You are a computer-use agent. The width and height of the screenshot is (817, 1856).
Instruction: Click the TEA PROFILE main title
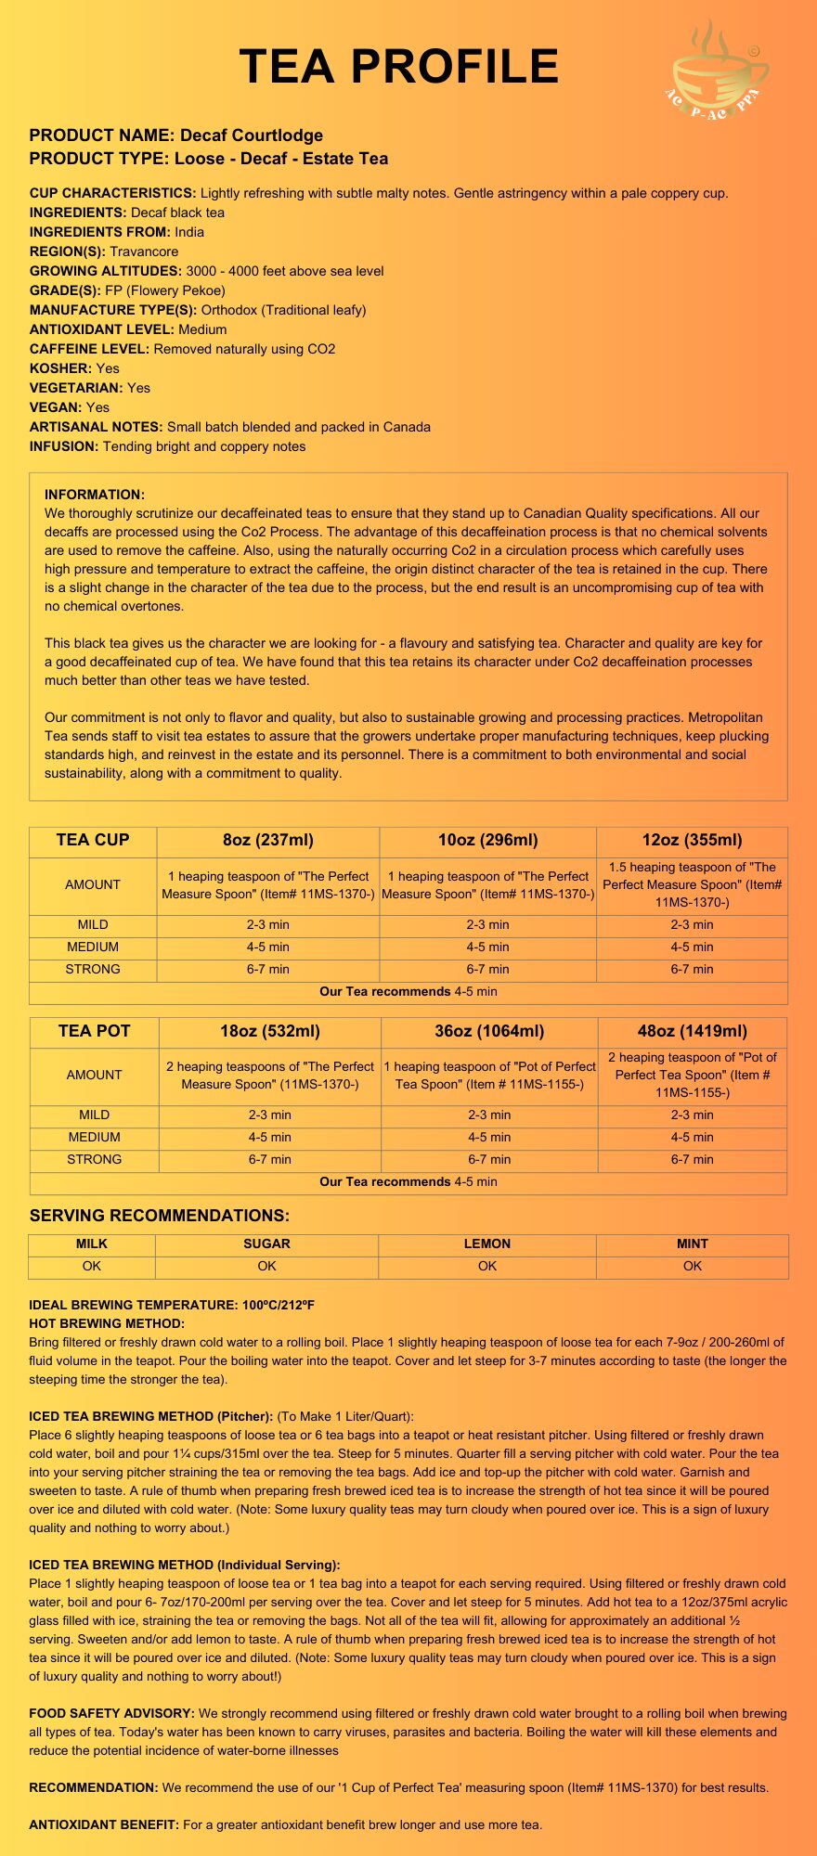[399, 67]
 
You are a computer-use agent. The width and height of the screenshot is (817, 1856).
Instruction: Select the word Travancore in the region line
[144, 251]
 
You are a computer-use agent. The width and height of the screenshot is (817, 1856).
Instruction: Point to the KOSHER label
[60, 368]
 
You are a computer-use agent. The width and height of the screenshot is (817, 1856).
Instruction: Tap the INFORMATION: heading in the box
[95, 495]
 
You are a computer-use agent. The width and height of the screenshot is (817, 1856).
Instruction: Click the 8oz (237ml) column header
[268, 841]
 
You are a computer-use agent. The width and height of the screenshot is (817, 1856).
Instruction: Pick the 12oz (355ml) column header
[692, 841]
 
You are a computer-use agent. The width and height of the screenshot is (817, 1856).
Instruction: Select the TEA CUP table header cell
[93, 841]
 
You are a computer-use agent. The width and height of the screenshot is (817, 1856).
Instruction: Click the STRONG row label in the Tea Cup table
[93, 969]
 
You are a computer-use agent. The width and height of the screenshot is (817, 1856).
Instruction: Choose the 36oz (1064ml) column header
[489, 1031]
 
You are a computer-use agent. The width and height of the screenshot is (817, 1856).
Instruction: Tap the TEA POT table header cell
[94, 1031]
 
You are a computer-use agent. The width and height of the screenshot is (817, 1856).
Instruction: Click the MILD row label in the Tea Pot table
[94, 1115]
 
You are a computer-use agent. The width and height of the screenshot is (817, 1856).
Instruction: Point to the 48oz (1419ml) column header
[693, 1031]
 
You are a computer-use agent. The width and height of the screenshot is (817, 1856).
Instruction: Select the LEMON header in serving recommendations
[487, 1244]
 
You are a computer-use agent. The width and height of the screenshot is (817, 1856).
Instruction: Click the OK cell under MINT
[693, 1266]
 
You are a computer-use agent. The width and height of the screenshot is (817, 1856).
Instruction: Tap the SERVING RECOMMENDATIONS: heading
[160, 1216]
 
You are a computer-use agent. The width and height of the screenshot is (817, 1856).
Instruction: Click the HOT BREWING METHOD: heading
[107, 1323]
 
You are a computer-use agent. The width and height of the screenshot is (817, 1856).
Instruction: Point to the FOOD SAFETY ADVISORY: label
[111, 1713]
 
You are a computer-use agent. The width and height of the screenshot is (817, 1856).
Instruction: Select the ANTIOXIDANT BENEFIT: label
[104, 1824]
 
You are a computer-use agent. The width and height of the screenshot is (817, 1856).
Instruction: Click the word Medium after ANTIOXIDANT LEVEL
[202, 329]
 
